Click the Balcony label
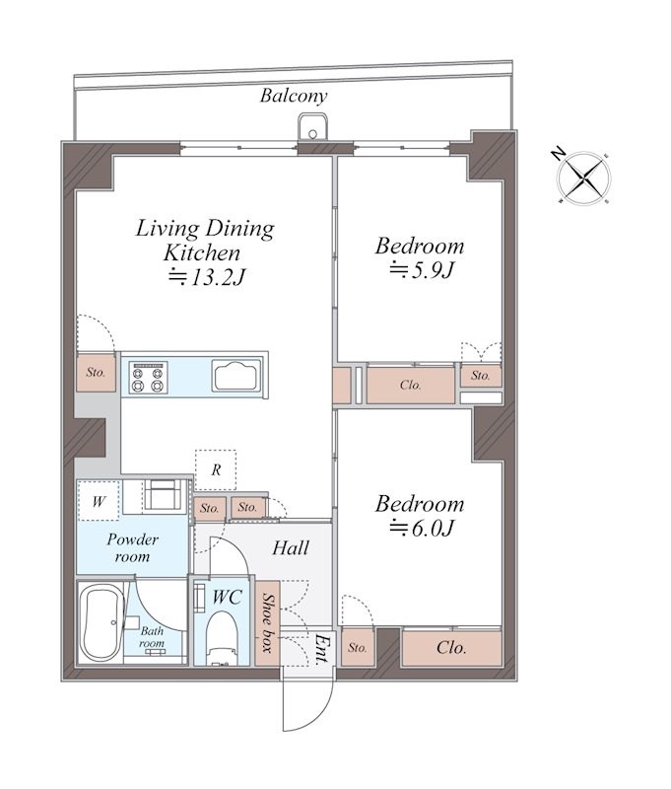(294, 96)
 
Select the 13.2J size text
(208, 276)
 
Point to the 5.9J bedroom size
(422, 270)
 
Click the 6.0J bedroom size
(422, 528)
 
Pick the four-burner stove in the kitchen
(147, 377)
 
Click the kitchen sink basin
(236, 376)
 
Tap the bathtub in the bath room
(101, 623)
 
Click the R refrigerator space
(216, 470)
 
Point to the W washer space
(99, 501)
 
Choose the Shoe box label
(268, 623)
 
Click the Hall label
(291, 548)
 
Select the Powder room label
(132, 548)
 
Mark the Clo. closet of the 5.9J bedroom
(411, 385)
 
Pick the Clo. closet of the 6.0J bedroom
(452, 647)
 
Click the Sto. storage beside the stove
(96, 373)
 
